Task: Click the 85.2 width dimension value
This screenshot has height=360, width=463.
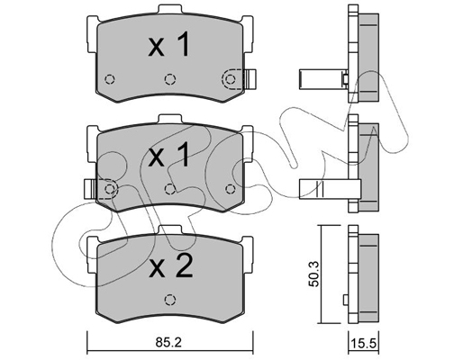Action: (168, 342)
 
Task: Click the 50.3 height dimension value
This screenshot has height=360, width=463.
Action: (314, 274)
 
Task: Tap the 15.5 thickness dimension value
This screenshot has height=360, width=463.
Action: (363, 343)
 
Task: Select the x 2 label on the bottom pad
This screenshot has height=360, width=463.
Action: (171, 265)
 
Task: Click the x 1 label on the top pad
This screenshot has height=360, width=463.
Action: (169, 45)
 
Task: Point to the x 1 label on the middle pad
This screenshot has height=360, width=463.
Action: (169, 155)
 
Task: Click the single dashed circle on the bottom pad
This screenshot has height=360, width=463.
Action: (170, 300)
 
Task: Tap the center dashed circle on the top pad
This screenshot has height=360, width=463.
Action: (170, 79)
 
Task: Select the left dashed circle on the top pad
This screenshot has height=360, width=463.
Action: (110, 79)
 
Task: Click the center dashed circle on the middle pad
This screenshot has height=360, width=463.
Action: (170, 189)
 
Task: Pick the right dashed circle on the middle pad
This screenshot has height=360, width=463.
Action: (231, 189)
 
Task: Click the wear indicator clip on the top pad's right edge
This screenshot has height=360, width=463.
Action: (250, 79)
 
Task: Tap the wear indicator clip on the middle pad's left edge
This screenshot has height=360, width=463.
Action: (90, 189)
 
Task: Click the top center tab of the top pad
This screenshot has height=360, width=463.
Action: (170, 9)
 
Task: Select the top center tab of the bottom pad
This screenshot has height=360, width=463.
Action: (170, 229)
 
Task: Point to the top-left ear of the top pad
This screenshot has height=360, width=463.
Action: (92, 33)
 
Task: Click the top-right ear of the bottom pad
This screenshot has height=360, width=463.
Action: (248, 254)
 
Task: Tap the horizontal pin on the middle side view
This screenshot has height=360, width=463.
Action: (330, 189)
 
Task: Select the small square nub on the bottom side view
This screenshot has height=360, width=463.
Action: (346, 299)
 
